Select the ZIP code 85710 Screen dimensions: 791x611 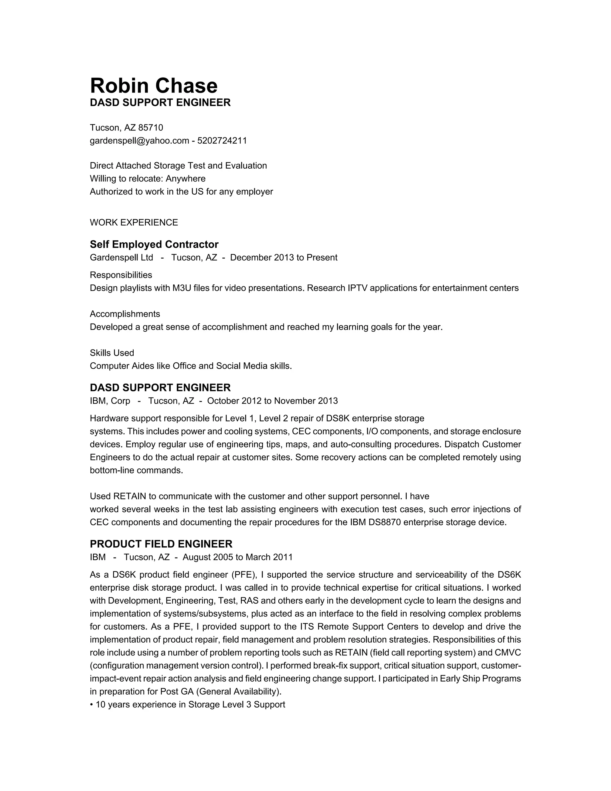151,127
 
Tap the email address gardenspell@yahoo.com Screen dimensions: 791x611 139,141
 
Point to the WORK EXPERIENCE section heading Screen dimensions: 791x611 134,222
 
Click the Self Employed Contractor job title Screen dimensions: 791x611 154,244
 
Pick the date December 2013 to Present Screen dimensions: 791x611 283,258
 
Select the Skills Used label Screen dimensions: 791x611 112,353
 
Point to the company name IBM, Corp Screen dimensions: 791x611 110,401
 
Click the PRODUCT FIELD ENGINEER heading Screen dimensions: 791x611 161,544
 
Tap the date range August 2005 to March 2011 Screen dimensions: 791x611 237,557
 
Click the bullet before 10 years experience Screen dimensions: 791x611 92,705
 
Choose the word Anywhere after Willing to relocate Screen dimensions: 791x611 185,178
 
